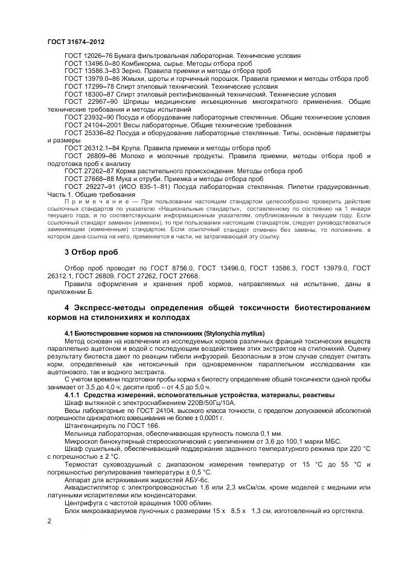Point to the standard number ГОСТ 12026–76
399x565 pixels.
pyautogui.click(x=89, y=56)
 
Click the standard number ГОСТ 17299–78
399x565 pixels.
pyautogui.click(x=89, y=86)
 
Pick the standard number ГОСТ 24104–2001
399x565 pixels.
pyautogui.click(x=92, y=125)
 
